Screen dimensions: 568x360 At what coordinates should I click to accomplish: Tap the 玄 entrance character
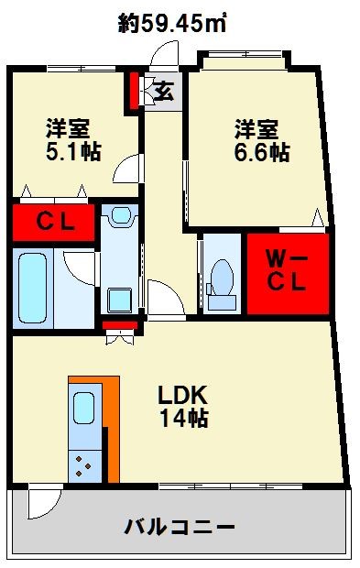point(163,91)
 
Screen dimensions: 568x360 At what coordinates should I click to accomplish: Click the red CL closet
point(54,223)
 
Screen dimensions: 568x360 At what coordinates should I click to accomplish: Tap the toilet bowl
point(221,275)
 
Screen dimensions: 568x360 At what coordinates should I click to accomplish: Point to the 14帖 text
point(183,419)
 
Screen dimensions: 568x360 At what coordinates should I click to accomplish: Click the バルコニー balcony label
point(180,528)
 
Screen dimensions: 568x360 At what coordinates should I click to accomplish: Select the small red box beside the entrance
point(133,89)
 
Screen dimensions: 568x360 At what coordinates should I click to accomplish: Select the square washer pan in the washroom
point(119,300)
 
